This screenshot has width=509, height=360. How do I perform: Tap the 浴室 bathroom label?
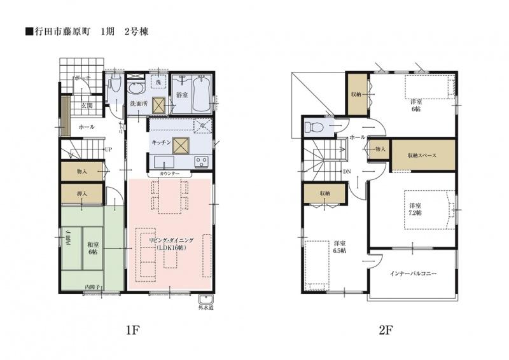[181, 95]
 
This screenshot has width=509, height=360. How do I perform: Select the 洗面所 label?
[139, 103]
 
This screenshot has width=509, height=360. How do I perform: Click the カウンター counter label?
[169, 173]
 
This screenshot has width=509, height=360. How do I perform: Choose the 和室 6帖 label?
[93, 247]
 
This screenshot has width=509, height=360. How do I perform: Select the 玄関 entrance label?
[87, 106]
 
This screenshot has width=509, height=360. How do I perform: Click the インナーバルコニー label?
[414, 273]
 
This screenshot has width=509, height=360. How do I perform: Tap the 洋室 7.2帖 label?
[415, 209]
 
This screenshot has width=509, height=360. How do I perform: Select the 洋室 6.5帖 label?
[339, 247]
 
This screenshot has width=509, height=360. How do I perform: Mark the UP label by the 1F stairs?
[109, 150]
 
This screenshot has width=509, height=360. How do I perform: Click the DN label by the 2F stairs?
[347, 172]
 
